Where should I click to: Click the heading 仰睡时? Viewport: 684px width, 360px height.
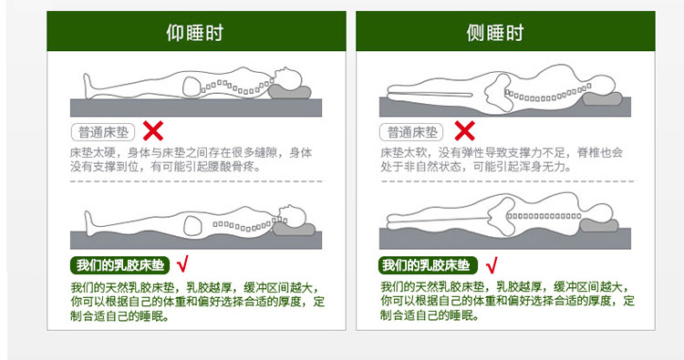[194, 33]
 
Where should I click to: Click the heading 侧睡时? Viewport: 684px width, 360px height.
[494, 33]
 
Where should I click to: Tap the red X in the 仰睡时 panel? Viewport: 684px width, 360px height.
[153, 130]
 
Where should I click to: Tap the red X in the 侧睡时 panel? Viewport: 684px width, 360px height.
[464, 130]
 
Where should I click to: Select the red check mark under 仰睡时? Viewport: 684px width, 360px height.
[182, 264]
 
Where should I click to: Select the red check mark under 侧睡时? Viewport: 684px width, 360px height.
[492, 264]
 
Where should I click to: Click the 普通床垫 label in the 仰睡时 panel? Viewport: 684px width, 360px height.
[103, 132]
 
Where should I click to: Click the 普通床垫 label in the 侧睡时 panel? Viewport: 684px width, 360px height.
[411, 132]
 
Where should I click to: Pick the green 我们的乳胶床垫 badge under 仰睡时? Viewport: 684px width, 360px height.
[120, 265]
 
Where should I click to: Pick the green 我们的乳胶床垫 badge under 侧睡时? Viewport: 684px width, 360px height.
[428, 265]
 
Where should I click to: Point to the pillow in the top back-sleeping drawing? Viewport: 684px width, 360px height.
[290, 92]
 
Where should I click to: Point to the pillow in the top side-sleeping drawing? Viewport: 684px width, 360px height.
[603, 98]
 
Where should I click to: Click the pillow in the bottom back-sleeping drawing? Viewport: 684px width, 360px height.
[294, 230]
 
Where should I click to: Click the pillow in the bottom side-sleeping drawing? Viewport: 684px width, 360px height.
[599, 226]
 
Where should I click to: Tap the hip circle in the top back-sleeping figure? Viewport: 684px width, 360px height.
[192, 87]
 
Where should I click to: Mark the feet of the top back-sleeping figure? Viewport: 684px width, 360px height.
[88, 86]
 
